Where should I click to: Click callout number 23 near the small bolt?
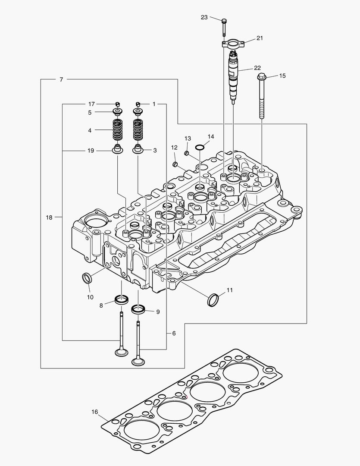204,17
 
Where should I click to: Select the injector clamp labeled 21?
234,43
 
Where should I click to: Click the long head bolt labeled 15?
262,97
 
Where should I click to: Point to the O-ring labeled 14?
200,148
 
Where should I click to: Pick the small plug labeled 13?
187,153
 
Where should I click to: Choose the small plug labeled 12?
175,164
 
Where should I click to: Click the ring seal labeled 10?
87,278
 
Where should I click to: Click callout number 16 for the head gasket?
95,412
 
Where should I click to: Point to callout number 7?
61,79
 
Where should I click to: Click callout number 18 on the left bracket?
49,217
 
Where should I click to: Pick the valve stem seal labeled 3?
138,150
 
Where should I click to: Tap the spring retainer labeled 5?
117,113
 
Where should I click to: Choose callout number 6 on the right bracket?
174,333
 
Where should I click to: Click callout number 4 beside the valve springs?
90,130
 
